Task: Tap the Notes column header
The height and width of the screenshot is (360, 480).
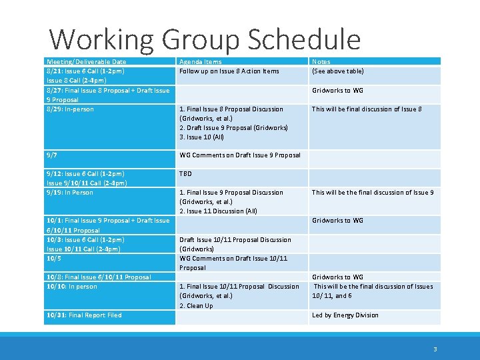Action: coord(321,61)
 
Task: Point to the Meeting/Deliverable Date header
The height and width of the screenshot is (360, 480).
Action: coord(86,61)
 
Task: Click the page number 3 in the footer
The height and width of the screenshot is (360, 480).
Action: coord(435,349)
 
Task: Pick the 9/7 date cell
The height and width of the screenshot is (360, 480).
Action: coord(51,155)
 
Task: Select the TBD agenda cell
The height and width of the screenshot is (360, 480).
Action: coord(185,173)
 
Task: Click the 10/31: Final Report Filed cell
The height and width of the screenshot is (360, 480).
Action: coord(84,315)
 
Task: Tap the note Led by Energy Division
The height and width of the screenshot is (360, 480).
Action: coord(345,315)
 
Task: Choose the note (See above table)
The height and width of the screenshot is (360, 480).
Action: coord(337,71)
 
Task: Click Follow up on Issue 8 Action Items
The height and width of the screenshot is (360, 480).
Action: coord(229,71)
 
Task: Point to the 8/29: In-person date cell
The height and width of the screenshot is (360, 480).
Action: coord(70,109)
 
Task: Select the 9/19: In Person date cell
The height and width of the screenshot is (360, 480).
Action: coord(70,193)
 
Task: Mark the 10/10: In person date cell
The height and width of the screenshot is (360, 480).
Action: coord(71,287)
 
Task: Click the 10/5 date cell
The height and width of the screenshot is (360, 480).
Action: coord(53,259)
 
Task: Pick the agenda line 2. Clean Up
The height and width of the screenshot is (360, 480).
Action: coord(195,306)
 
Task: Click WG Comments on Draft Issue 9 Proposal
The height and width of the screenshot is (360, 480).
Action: coord(240,155)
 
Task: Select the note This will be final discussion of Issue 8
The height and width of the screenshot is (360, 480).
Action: coord(367,109)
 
